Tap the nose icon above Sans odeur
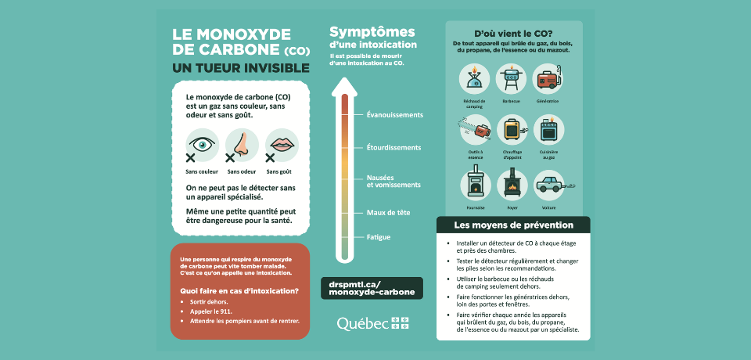[x=243, y=145]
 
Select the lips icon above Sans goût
[x=282, y=145]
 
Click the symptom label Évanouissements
[x=394, y=115]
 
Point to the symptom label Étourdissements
[x=393, y=147]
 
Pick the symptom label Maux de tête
[x=389, y=212]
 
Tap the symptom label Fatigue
[x=379, y=236]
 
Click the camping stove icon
[x=474, y=79]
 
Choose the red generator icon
[x=548, y=79]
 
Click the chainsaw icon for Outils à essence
[x=474, y=130]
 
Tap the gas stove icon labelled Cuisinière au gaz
[x=548, y=131]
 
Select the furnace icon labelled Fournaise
[x=474, y=184]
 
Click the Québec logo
[x=372, y=322]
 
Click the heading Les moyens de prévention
[x=513, y=225]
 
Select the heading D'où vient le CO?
[x=513, y=34]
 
